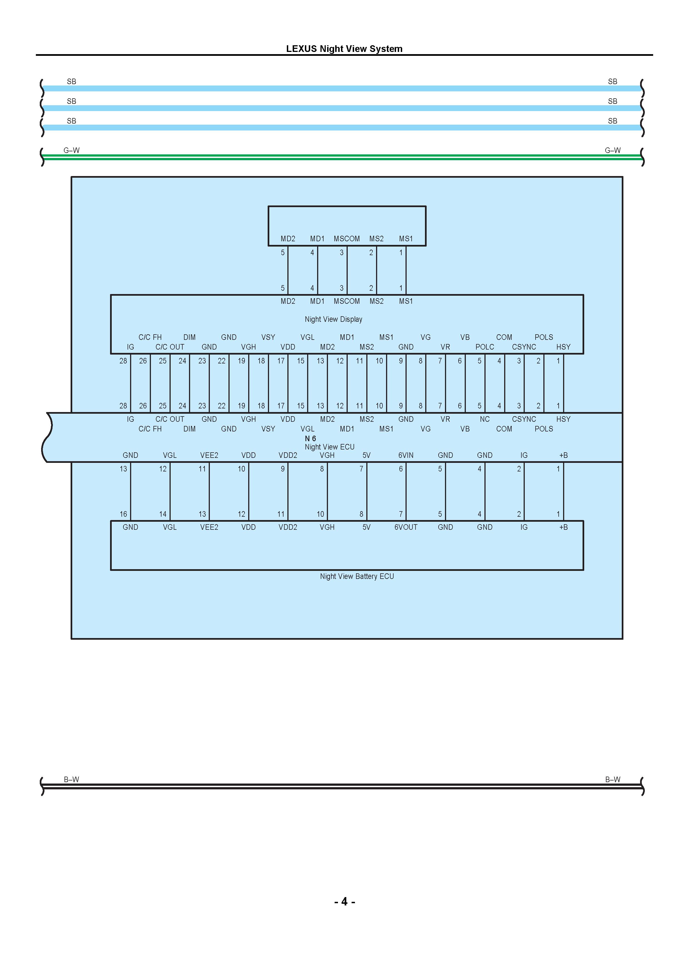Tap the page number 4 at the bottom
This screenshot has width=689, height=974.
point(344,902)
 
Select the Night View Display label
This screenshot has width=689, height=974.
point(333,319)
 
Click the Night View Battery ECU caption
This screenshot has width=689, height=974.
point(357,576)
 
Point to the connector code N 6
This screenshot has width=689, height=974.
point(310,438)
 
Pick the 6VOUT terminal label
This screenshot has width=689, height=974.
point(406,527)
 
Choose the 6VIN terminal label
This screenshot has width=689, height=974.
point(406,455)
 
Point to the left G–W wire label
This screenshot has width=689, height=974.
point(71,150)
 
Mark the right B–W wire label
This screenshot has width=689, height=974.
point(613,779)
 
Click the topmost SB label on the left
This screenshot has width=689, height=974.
point(71,81)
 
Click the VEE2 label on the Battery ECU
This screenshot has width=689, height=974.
point(209,527)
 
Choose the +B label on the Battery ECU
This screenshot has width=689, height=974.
point(563,527)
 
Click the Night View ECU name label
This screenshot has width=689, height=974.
point(329,447)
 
